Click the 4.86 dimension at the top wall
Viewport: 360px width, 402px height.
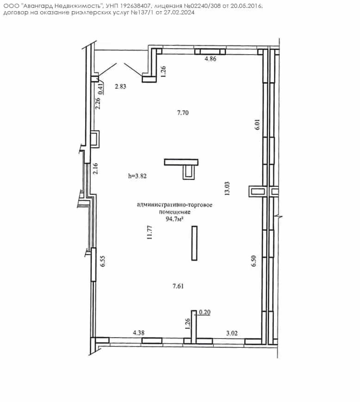pos(210,59)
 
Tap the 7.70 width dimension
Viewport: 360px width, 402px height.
pos(183,113)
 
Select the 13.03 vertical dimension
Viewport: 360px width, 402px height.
pos(227,188)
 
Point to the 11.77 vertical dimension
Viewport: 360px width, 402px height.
pos(149,232)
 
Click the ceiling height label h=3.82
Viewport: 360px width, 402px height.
pos(137,176)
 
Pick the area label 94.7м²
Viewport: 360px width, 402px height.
pos(175,219)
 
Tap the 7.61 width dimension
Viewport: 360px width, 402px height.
pos(178,286)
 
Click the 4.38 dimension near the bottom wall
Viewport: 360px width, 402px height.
pos(139,333)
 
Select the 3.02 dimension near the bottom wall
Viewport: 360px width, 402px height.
pos(232,333)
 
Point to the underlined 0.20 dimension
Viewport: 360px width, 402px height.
pos(205,312)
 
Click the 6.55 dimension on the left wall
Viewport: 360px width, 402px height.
pos(103,261)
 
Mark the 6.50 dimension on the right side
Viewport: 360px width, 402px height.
pos(254,261)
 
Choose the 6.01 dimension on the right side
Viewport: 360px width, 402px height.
pos(257,124)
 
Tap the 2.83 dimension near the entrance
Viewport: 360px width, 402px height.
pos(120,87)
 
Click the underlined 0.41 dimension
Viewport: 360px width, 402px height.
pos(101,88)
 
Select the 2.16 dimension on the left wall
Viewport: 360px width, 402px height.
pos(96,169)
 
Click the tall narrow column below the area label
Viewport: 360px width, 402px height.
pos(194,243)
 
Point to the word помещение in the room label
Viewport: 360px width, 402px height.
pos(175,212)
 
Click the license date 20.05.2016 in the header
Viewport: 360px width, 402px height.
pos(247,6)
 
